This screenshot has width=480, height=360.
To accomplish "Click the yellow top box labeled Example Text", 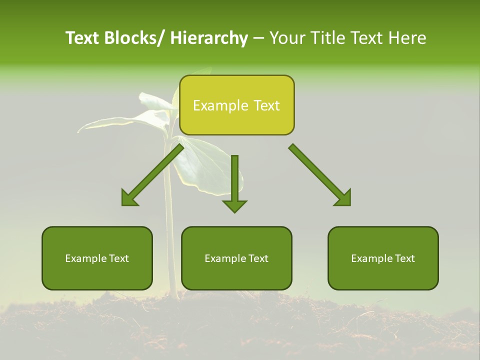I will coord(236,105).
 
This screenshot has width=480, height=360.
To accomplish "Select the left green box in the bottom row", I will coord(97,258).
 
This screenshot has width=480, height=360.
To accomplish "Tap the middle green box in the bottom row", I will coord(236,258).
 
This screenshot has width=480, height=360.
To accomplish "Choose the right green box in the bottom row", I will coord(383,258).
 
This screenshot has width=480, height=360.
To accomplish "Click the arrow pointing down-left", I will coord(152,175).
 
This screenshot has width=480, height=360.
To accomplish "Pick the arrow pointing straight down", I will coord(234,182).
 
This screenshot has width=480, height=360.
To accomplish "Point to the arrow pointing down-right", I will coord(320,175).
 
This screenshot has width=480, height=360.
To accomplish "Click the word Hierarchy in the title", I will coord(209,38).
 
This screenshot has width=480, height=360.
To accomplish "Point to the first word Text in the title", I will coord(83,38).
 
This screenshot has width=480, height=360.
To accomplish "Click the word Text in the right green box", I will coord(403,258).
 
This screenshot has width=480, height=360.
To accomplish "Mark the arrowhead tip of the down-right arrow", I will coord(350,205).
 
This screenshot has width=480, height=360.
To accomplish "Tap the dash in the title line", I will coord(258,38).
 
